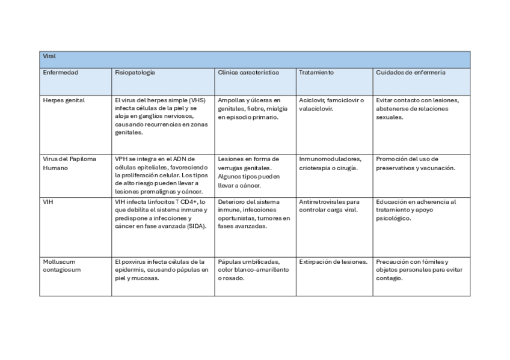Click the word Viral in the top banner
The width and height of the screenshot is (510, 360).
click(x=49, y=56)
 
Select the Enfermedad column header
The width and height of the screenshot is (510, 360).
click(x=60, y=72)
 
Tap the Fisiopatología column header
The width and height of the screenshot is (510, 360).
click(x=135, y=72)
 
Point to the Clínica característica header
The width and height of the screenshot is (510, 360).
click(x=248, y=72)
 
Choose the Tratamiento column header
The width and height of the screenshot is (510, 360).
click(x=316, y=72)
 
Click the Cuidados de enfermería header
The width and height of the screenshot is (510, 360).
click(x=411, y=72)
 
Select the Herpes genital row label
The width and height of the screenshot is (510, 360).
click(x=64, y=100)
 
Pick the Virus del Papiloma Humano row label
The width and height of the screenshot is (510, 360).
click(x=69, y=163)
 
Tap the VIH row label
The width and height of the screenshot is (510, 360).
click(x=48, y=202)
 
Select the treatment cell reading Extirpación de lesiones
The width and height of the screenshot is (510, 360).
click(x=333, y=262)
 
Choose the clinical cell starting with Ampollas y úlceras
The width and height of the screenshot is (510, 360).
click(x=249, y=109)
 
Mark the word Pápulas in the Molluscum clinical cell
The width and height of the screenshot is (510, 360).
click(x=229, y=262)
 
